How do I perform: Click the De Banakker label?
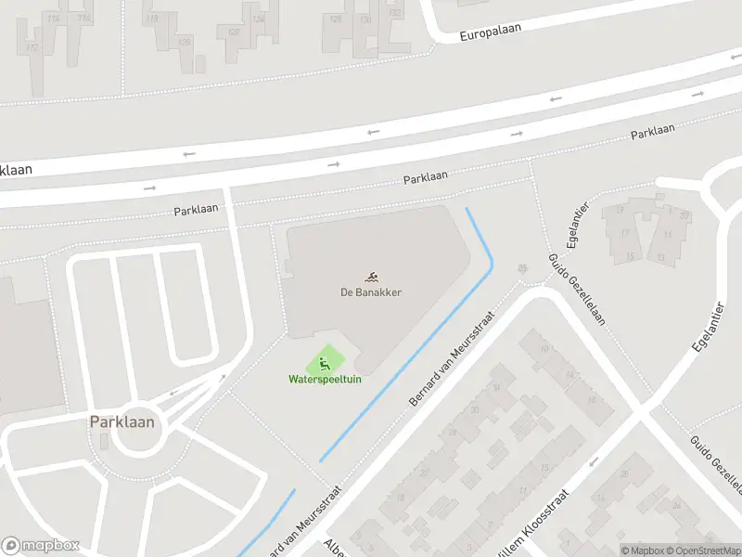click(x=371, y=292)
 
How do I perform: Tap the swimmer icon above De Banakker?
click(x=371, y=277)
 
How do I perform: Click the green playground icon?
click(x=324, y=362)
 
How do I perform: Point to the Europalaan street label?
click(x=491, y=32)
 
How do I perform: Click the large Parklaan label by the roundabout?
click(x=122, y=422)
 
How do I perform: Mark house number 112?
click(x=33, y=47)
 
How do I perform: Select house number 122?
click(x=233, y=32)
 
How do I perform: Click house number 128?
click(x=335, y=19)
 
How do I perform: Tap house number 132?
click(x=395, y=13)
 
